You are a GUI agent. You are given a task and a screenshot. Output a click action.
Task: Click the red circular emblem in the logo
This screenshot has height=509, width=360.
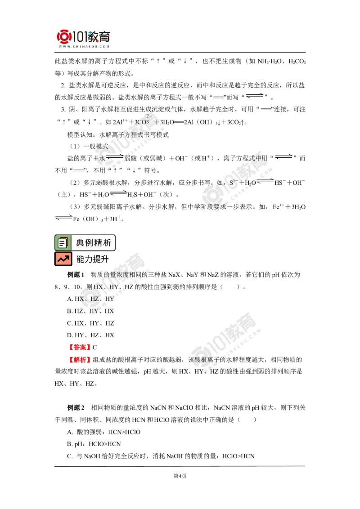pos(64,37)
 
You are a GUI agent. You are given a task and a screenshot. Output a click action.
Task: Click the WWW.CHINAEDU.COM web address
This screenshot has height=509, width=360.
pos(84,46)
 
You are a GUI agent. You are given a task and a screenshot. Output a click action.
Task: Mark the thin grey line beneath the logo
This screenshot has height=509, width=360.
pos(84,53)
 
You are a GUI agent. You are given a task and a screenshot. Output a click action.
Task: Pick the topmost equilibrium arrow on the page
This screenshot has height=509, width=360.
pos(255,95)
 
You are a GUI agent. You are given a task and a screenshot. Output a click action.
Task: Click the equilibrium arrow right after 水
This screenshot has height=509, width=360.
pos(114,157)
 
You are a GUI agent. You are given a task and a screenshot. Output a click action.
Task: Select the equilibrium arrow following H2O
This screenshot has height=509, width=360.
pos(265,182)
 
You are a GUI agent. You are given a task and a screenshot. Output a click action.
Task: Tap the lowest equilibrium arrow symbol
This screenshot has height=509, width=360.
pos(64,218)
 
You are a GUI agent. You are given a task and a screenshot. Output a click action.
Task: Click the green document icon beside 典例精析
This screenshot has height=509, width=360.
pos(63,243)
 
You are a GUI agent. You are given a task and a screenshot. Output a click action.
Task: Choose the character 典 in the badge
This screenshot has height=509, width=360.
pos(80,243)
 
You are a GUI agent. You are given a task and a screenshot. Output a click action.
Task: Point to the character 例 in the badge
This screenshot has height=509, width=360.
pos(90,243)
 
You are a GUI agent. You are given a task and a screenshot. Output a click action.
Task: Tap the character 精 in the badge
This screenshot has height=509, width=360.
pos(99,243)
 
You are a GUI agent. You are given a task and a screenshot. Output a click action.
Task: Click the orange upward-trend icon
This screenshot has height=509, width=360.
pos(63,259)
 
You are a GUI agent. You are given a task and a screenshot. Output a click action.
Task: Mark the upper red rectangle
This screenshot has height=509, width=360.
pos(79,347)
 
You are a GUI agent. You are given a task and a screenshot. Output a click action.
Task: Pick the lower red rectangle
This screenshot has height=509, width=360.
pos(79,359)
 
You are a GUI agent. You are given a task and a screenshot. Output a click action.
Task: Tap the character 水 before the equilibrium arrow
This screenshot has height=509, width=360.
pos(102,158)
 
